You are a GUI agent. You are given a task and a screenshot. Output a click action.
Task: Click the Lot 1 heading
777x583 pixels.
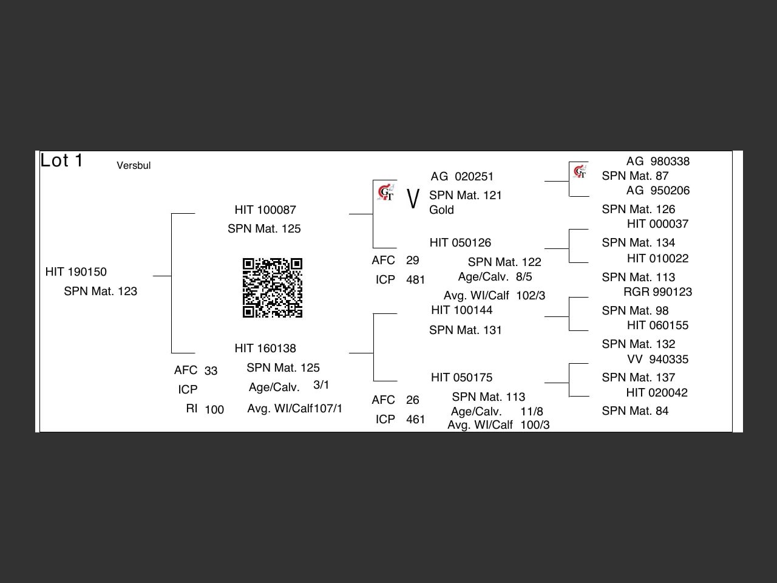tap(61, 160)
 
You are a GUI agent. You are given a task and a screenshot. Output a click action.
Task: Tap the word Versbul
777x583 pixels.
tap(134, 165)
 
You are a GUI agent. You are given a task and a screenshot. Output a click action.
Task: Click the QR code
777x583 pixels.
tap(272, 287)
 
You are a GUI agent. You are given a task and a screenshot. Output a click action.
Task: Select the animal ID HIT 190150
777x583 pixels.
tap(76, 272)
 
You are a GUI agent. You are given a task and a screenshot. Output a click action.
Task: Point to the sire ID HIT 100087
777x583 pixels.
tap(265, 210)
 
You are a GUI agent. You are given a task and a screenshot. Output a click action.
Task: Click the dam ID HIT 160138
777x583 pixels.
tap(265, 349)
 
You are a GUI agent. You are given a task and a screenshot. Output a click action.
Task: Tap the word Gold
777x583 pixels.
tap(441, 210)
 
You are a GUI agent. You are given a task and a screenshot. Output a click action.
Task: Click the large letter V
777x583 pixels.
tap(413, 199)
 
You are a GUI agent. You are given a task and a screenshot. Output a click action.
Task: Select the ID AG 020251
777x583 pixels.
tap(462, 176)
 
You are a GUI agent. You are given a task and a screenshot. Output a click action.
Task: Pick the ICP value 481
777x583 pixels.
tap(415, 280)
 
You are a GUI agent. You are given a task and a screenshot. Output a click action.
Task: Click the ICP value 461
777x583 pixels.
tap(415, 420)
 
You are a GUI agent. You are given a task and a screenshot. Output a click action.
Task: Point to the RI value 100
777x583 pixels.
tap(214, 409)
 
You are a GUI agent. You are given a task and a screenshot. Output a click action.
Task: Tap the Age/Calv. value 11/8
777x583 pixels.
tap(531, 411)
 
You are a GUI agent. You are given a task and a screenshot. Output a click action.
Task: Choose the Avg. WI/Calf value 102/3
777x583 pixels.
tap(531, 295)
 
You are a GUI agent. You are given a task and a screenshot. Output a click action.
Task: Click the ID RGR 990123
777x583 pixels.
tap(657, 291)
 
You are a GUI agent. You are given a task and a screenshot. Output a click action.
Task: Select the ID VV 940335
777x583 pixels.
tap(657, 360)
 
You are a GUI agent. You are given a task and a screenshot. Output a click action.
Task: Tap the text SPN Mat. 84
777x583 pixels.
tap(635, 411)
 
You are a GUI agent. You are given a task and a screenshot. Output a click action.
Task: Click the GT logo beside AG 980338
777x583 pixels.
tap(580, 172)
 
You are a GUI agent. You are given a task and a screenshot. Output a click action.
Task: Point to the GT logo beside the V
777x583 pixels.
tap(386, 193)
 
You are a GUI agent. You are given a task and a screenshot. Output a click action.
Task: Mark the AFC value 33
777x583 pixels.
tap(211, 370)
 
